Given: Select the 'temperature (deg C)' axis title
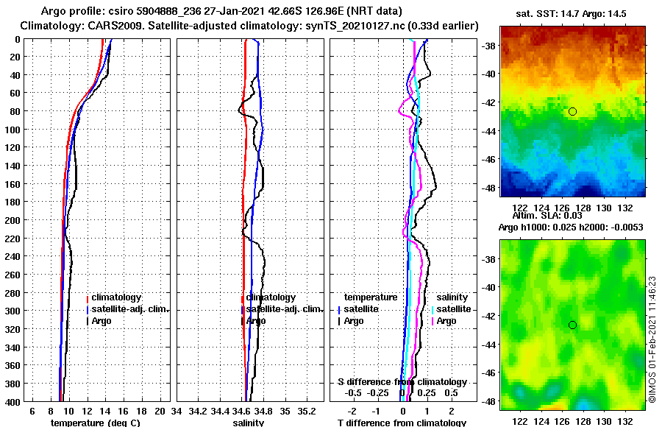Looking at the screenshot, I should (96, 423).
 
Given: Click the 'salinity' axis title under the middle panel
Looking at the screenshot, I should (249, 423).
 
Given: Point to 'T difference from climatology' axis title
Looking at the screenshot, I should (402, 423).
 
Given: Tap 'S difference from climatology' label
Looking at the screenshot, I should (402, 382).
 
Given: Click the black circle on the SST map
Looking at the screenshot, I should (572, 111).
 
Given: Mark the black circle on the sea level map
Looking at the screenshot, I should (572, 325).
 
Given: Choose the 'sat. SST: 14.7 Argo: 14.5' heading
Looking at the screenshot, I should (572, 13).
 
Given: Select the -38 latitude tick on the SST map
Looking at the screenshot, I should (488, 46).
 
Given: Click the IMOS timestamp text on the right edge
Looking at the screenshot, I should (652, 339).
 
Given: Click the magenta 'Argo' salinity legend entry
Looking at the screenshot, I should (446, 321).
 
